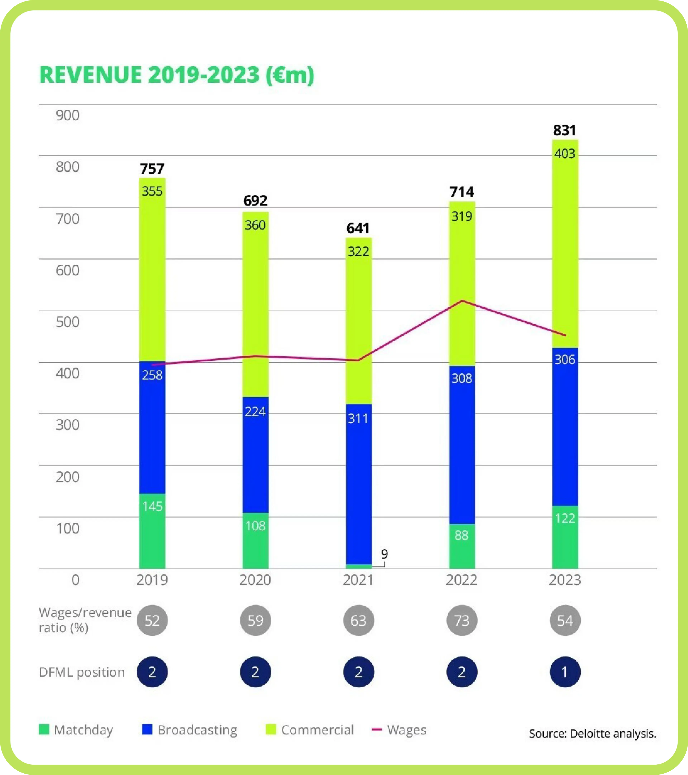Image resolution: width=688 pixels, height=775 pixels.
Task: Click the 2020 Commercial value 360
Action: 255,225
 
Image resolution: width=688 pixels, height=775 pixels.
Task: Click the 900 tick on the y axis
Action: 68,115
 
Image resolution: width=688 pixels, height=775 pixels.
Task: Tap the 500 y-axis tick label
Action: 68,322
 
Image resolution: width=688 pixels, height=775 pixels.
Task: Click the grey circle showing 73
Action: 462,621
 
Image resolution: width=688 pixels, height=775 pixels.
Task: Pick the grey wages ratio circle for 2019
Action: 152,621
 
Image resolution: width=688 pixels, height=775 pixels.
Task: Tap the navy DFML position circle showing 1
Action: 565,672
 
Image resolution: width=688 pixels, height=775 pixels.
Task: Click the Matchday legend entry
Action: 76,730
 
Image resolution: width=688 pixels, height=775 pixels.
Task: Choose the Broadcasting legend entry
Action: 190,730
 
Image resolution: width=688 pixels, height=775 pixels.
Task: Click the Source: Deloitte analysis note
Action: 593,734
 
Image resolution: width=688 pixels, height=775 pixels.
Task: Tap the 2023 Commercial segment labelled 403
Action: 565,243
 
